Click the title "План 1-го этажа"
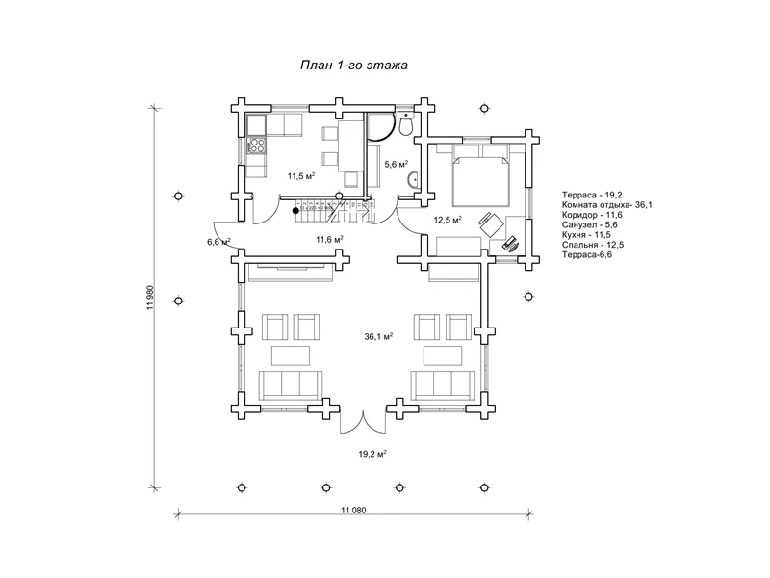(353, 65)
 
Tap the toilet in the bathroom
(405, 123)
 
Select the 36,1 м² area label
(378, 336)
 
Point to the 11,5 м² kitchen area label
(301, 175)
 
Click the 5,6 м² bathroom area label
(397, 164)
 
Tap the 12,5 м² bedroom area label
(448, 220)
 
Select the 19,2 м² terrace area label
(372, 454)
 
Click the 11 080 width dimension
(353, 510)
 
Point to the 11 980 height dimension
(150, 298)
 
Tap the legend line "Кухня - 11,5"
(586, 235)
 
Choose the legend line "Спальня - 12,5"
(593, 245)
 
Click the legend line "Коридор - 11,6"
(592, 215)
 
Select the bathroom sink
(414, 180)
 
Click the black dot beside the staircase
(295, 211)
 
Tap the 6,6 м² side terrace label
(219, 242)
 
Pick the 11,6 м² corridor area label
(329, 239)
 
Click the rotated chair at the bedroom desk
(491, 224)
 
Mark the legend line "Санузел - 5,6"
(590, 225)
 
